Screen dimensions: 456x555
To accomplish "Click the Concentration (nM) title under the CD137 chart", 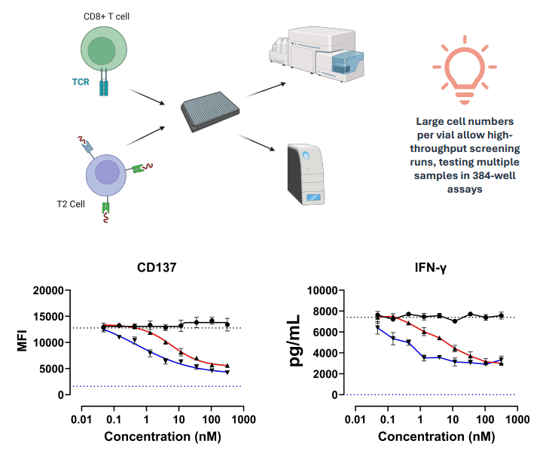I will click(x=162, y=437).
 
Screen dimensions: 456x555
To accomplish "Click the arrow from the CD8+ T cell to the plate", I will click(x=148, y=98).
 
